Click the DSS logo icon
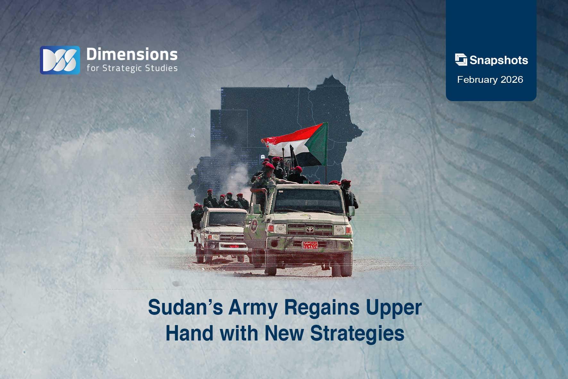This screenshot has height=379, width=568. click(60, 60)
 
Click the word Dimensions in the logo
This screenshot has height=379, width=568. click(132, 55)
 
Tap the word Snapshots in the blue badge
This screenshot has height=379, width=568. click(498, 60)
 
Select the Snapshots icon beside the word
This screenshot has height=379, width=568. click(461, 60)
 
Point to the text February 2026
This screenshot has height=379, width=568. click(490, 80)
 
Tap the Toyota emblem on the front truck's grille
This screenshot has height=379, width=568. click(310, 229)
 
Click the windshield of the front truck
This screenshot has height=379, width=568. click(308, 202)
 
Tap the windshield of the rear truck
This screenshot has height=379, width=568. click(227, 220)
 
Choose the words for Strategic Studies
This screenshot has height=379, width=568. click(132, 68)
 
